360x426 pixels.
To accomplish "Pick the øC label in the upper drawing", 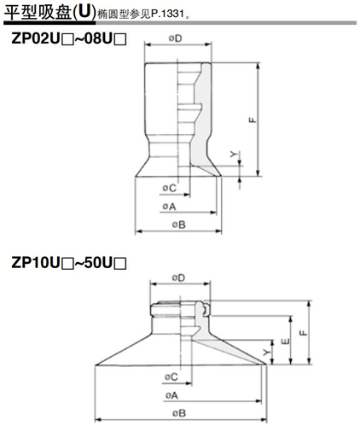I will (x=167, y=188).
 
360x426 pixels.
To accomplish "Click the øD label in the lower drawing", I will (x=178, y=277).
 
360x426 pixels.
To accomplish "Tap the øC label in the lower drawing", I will (x=167, y=376).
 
